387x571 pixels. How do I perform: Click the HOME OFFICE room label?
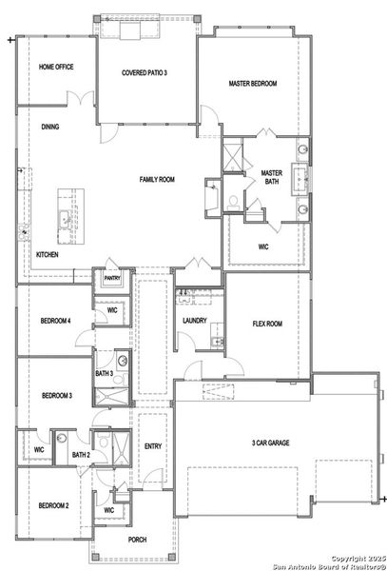tap(56, 67)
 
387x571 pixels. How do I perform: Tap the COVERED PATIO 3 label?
tap(145, 73)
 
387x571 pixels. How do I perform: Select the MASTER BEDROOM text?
tap(253, 84)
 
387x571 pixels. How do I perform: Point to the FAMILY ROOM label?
tap(157, 179)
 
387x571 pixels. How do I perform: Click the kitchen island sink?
tap(65, 220)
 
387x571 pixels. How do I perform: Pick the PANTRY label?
tap(112, 278)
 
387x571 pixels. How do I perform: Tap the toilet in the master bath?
tap(233, 203)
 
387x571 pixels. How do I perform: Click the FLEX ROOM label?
tap(267, 324)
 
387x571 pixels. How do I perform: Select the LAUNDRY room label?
tap(195, 321)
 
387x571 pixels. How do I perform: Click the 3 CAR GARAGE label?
tap(271, 443)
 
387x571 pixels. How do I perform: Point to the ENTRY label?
tap(153, 446)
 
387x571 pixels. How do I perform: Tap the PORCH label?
tap(138, 540)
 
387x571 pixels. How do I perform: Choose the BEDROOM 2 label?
tap(54, 505)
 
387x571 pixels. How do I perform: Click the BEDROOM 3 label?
tap(57, 395)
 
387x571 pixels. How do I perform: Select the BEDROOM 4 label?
tap(55, 321)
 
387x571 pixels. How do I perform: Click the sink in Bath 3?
tap(123, 361)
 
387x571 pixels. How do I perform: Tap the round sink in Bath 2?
tap(62, 438)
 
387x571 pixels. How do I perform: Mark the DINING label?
tap(50, 127)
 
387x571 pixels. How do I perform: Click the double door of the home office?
tap(81, 98)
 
